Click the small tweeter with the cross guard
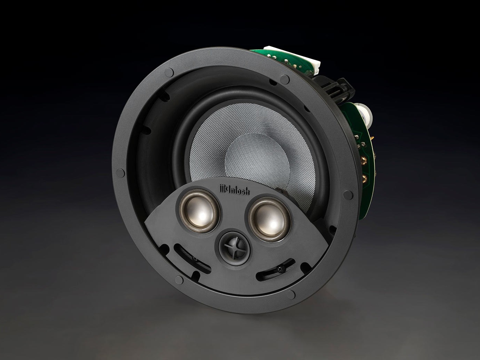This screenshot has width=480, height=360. [x=235, y=249]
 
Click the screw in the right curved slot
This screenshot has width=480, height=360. [x=281, y=269]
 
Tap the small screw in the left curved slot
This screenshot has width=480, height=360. [x=194, y=259]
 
